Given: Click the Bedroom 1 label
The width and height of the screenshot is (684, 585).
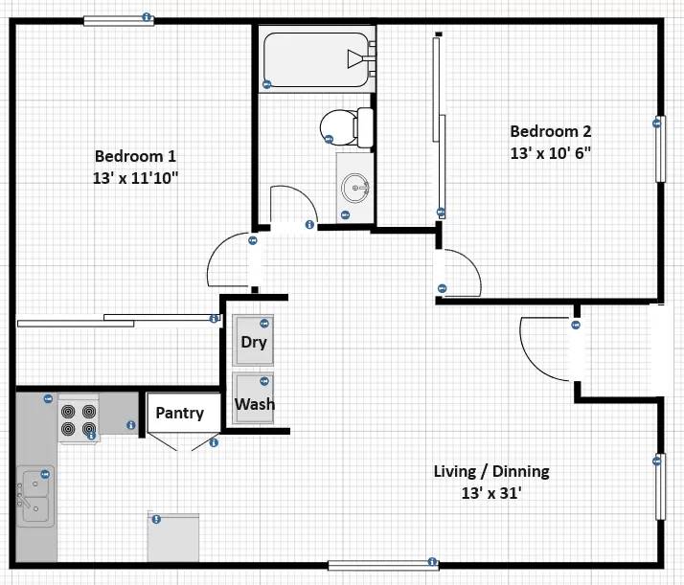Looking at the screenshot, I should click(135, 156).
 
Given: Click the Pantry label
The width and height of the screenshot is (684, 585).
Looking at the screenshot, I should click(179, 414).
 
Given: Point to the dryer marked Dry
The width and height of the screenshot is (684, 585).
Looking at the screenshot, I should click(253, 342).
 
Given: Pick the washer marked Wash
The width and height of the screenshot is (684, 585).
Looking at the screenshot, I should click(254, 403).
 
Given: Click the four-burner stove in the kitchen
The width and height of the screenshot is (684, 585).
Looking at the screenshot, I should click(79, 417).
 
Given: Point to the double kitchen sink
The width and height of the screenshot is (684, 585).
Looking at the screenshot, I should click(34, 496).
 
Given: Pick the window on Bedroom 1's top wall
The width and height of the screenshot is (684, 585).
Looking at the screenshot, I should click(118, 19).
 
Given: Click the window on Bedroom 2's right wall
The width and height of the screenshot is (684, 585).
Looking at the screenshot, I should click(659, 148).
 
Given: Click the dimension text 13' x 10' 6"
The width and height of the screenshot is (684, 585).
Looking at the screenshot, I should click(549, 153).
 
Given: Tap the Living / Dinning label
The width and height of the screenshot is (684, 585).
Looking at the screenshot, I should click(491, 472).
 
